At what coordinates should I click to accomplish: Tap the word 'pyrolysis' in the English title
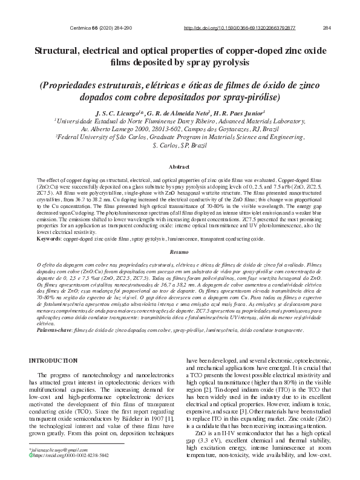229,62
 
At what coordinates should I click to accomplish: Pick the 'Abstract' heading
179,166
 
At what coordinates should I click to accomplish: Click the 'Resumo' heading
179,251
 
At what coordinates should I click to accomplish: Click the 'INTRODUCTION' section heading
59,361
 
